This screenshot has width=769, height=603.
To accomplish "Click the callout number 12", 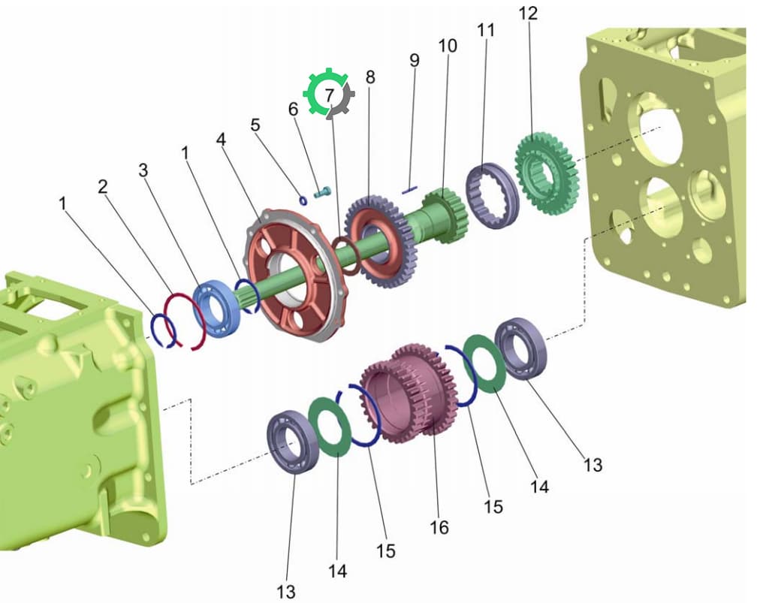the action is click(x=528, y=14).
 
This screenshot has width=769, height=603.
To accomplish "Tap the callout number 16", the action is click(x=439, y=527).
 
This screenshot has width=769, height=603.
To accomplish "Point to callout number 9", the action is click(x=415, y=60).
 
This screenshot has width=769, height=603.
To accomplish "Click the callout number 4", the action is click(x=222, y=140).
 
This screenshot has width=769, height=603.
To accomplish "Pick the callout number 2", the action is click(x=102, y=187).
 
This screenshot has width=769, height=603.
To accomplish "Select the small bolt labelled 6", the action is click(x=323, y=193).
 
